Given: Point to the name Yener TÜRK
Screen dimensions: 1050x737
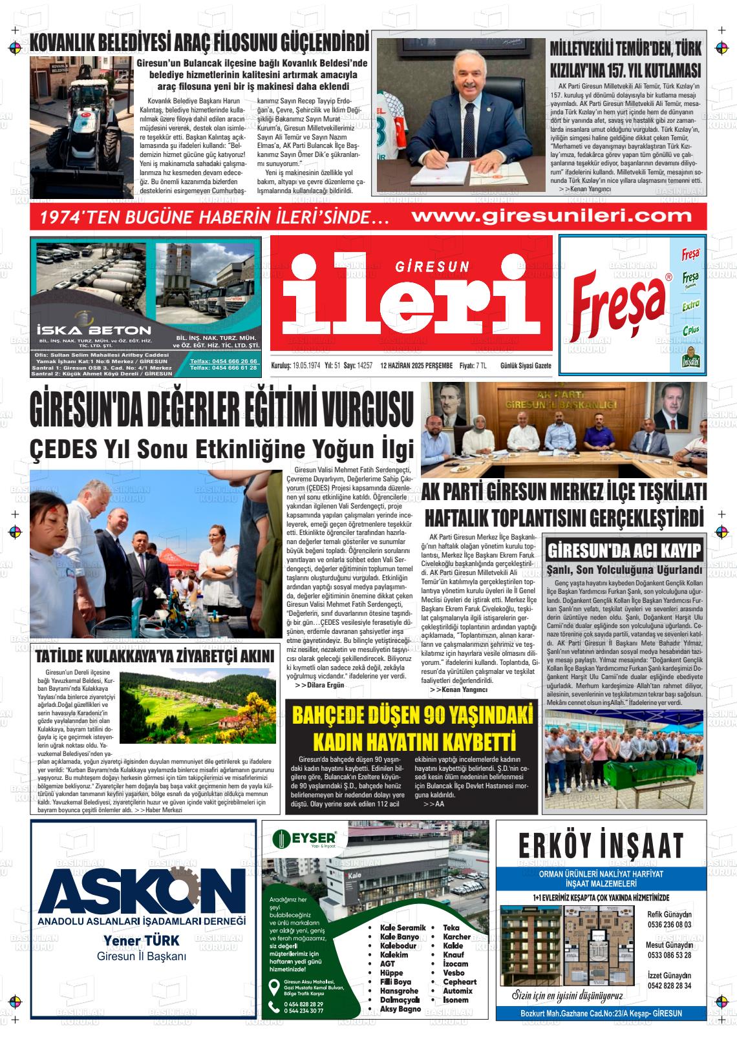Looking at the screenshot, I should pyautogui.click(x=142, y=940).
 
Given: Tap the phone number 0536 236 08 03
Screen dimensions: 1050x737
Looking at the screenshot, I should pyautogui.click(x=669, y=924).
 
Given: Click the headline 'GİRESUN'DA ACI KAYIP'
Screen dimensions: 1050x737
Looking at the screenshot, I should pyautogui.click(x=625, y=551).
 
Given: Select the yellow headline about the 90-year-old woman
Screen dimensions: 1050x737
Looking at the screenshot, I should pyautogui.click(x=412, y=728).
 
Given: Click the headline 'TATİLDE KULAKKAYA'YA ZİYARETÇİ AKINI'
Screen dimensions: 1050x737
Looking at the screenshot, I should pyautogui.click(x=155, y=656).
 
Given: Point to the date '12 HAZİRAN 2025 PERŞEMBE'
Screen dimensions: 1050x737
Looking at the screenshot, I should pyautogui.click(x=416, y=366).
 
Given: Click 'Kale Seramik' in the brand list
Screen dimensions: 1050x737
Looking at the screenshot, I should pyautogui.click(x=403, y=927).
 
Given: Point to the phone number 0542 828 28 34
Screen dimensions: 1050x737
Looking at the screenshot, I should pyautogui.click(x=669, y=985).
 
